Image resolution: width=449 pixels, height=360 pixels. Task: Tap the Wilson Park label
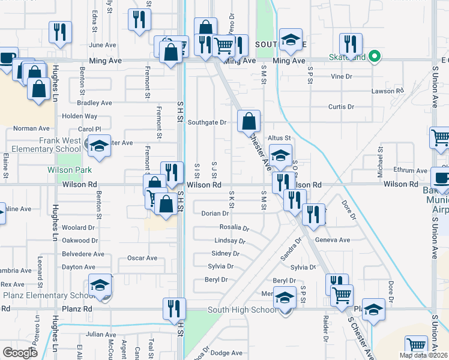[68, 170]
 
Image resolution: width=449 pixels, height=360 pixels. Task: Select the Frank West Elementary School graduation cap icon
[99, 146]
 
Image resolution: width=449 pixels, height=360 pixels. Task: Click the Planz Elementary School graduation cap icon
[100, 286]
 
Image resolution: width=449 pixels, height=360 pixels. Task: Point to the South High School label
[242, 310]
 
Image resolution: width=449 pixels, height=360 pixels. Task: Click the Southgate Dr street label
[206, 122]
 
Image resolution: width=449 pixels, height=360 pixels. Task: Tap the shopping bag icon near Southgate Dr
[249, 121]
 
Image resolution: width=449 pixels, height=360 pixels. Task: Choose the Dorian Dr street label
[215, 213]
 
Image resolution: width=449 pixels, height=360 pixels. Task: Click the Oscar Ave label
[142, 258]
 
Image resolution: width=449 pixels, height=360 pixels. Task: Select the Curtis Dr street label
[341, 107]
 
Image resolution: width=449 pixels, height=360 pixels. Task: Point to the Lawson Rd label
[388, 91]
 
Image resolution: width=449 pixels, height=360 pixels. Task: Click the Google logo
[20, 353]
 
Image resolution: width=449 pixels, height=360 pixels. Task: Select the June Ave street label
[102, 45]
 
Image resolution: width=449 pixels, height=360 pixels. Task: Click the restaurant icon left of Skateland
[350, 44]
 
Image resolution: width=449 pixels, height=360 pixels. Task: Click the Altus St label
[279, 138]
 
